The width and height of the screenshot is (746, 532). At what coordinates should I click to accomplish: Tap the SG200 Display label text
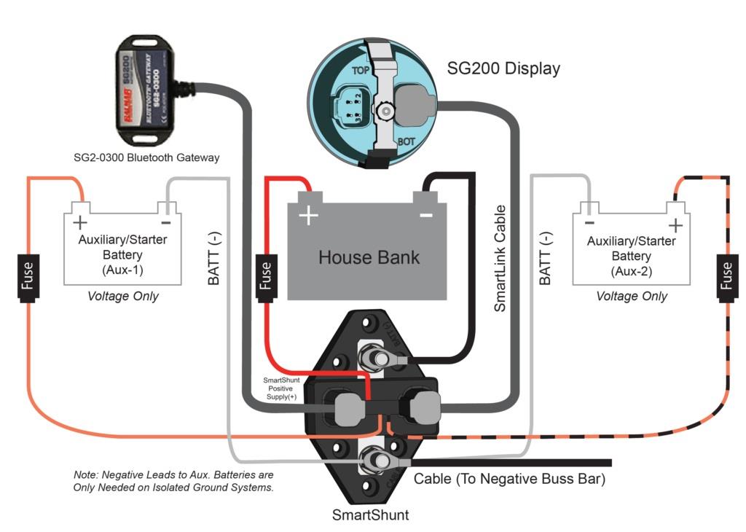click(x=503, y=69)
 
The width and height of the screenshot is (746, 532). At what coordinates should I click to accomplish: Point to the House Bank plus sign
click(x=309, y=216)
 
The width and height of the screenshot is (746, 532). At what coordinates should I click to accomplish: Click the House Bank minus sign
click(x=426, y=215)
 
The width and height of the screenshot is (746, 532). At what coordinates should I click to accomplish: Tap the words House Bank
click(x=369, y=257)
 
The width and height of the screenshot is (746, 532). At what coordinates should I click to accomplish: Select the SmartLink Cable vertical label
click(x=500, y=259)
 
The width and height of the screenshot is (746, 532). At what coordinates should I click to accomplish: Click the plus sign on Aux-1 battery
click(x=79, y=222)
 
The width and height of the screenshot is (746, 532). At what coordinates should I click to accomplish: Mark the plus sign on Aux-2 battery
click(x=675, y=224)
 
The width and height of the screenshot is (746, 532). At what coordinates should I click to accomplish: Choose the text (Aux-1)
click(x=122, y=270)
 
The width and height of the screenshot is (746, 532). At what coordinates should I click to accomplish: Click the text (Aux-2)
click(x=631, y=270)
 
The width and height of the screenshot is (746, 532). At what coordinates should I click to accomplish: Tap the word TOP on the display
click(x=361, y=71)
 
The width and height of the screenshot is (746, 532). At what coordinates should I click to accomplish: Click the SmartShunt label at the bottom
click(x=370, y=515)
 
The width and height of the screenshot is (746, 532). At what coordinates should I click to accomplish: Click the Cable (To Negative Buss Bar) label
click(x=509, y=480)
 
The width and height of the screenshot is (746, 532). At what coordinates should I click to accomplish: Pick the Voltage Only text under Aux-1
click(x=122, y=297)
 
